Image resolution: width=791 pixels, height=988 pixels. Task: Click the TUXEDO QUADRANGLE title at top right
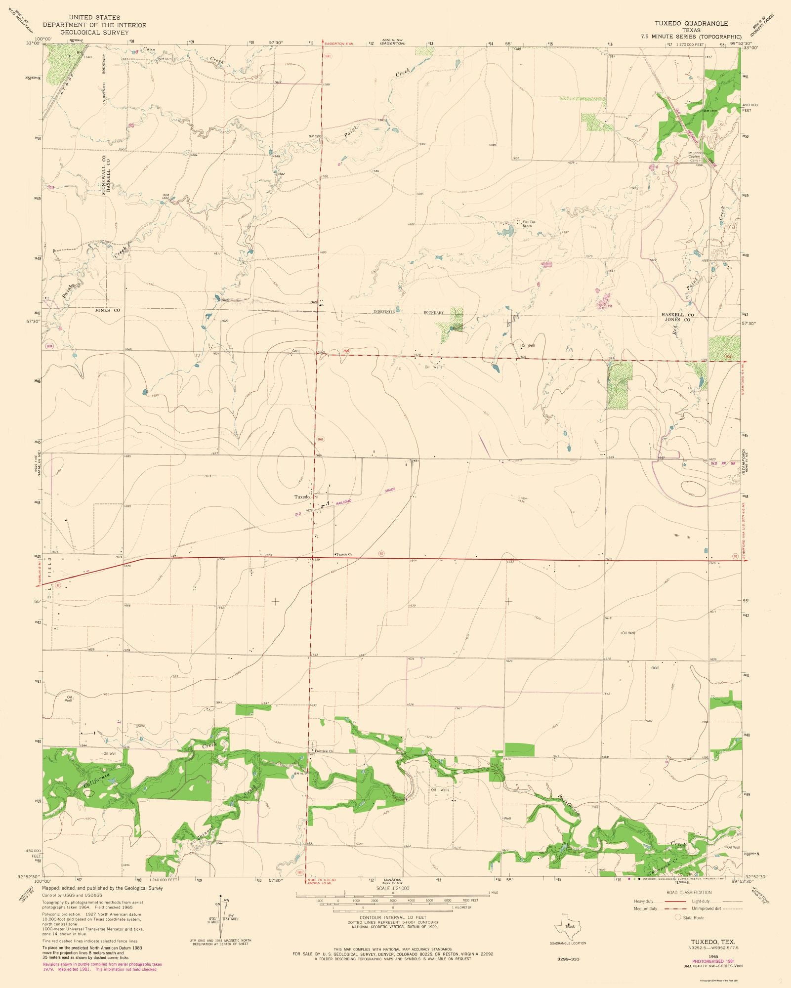[691, 23]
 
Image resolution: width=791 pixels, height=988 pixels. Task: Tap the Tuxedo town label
[302, 496]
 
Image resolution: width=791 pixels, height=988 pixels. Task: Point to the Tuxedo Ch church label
[344, 555]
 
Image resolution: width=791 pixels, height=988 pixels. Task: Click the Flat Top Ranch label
[529, 224]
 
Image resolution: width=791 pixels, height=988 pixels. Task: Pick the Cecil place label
[295, 351]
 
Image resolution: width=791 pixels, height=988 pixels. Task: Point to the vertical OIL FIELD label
[50, 577]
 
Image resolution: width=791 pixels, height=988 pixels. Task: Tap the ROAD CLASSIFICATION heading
[689, 892]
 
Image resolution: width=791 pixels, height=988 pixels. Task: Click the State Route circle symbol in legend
[678, 917]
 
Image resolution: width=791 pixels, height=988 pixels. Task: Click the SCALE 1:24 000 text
[393, 888]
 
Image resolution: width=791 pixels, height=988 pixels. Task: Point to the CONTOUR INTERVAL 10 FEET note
[393, 917]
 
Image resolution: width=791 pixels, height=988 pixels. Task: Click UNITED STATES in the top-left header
[94, 17]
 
